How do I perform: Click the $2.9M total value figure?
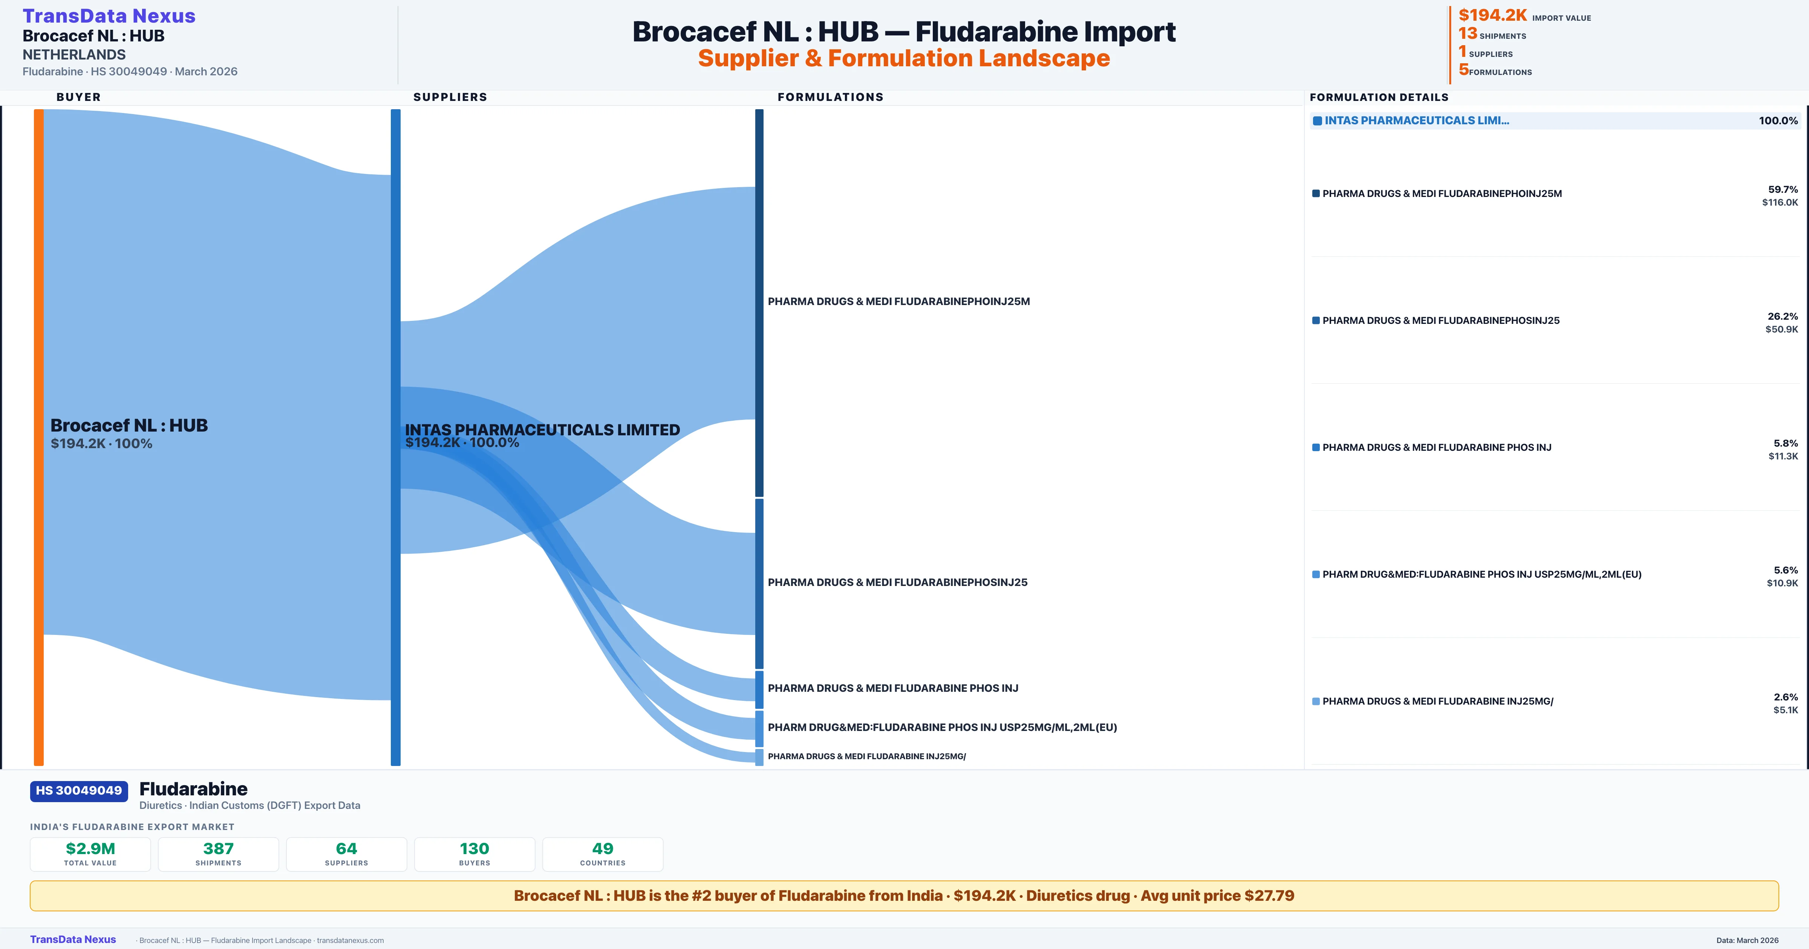tap(90, 848)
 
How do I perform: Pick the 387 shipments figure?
tap(219, 848)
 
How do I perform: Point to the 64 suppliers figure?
tap(346, 848)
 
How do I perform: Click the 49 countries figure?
tap(603, 848)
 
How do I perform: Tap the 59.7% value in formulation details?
tap(1782, 189)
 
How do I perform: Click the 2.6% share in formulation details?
tap(1785, 697)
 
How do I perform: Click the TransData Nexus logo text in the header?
tap(109, 16)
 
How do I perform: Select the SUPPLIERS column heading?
tap(450, 97)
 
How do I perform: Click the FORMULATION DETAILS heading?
tap(1379, 98)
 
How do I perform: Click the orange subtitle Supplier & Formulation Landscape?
tap(904, 58)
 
